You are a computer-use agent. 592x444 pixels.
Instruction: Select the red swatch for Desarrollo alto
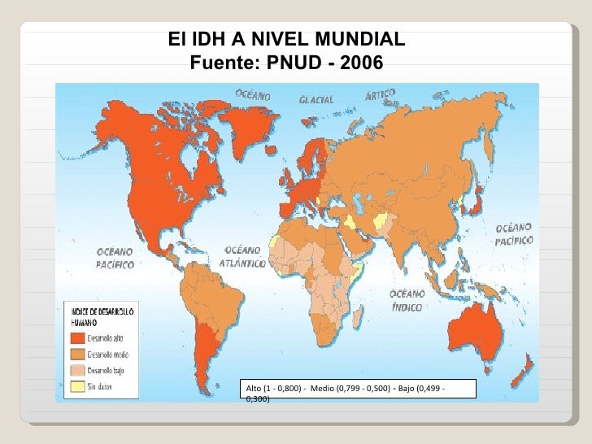coord(78,338)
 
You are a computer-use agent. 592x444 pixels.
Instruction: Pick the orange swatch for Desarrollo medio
coord(78,355)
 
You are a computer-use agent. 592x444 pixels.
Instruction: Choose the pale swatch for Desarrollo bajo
coord(78,371)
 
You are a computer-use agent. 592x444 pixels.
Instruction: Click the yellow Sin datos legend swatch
coord(78,387)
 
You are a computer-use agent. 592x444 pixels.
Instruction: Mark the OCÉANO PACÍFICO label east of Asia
coord(514,233)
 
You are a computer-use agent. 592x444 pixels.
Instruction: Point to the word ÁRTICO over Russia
coord(380,95)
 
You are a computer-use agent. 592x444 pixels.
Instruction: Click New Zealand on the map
coord(527,369)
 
